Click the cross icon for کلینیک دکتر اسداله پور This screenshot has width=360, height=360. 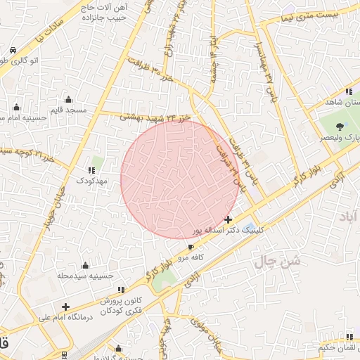click(228, 220)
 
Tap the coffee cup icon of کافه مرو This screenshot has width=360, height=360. click(191, 247)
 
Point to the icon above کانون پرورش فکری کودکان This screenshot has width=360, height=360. click(122, 289)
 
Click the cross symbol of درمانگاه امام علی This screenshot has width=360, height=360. click(65, 307)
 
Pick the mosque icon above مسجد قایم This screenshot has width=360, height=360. click(68, 99)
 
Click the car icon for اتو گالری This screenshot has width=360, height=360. click(13, 51)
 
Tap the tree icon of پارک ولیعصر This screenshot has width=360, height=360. click(341, 127)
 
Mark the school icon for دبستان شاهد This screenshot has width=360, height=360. click(349, 92)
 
